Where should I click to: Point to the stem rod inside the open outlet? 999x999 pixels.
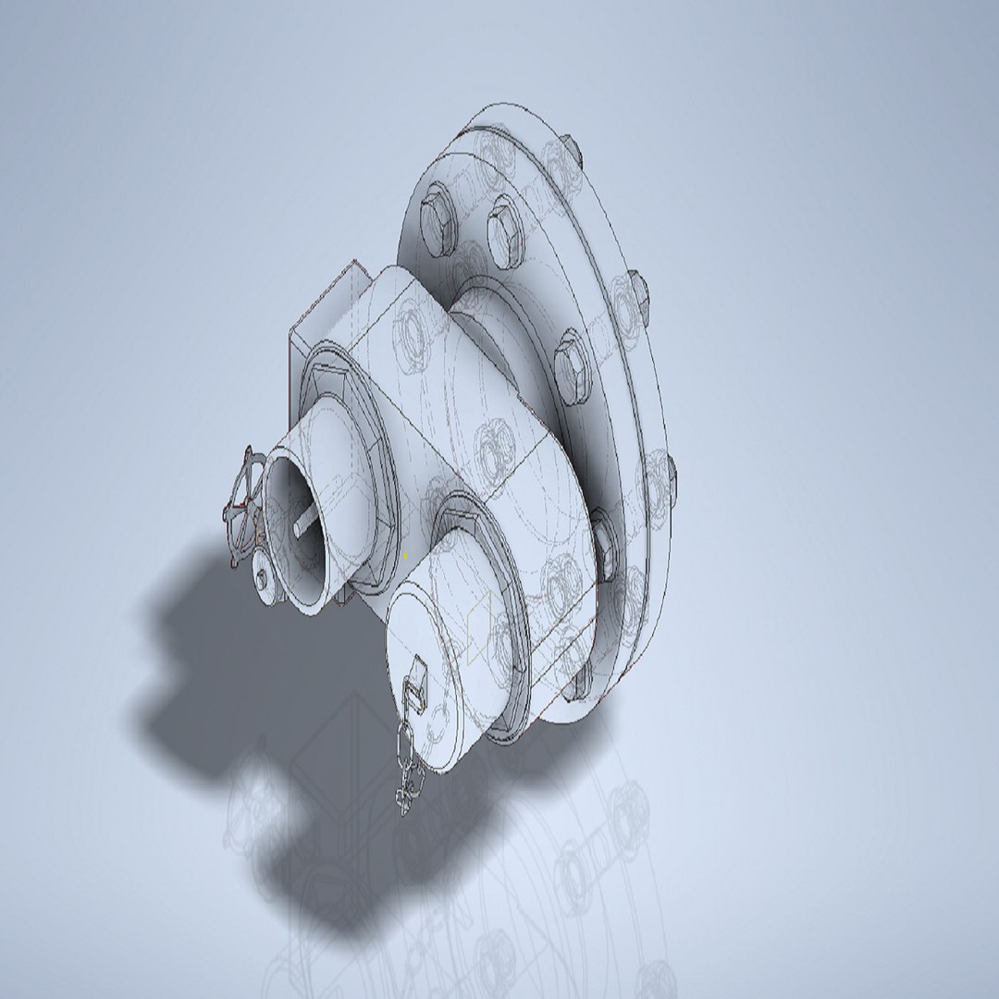click(302, 524)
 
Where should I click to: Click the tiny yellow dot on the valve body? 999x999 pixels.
click(405, 555)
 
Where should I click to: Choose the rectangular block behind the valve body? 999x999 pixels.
click(324, 305)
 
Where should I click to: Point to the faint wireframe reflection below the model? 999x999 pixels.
click(555, 888)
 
